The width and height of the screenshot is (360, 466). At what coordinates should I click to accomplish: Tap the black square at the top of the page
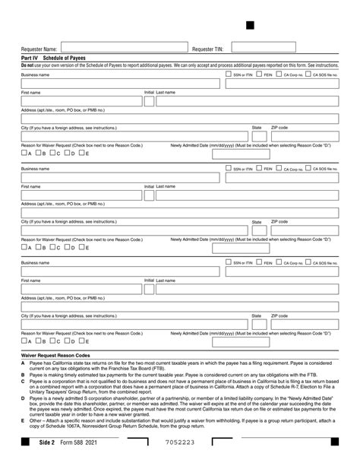[x=250, y=25]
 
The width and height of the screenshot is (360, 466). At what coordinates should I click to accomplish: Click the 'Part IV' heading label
[x=30, y=59]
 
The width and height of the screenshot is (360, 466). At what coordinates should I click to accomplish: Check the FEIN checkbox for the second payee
[x=258, y=168]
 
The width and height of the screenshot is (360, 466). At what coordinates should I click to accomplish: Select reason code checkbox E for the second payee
[x=83, y=247]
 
